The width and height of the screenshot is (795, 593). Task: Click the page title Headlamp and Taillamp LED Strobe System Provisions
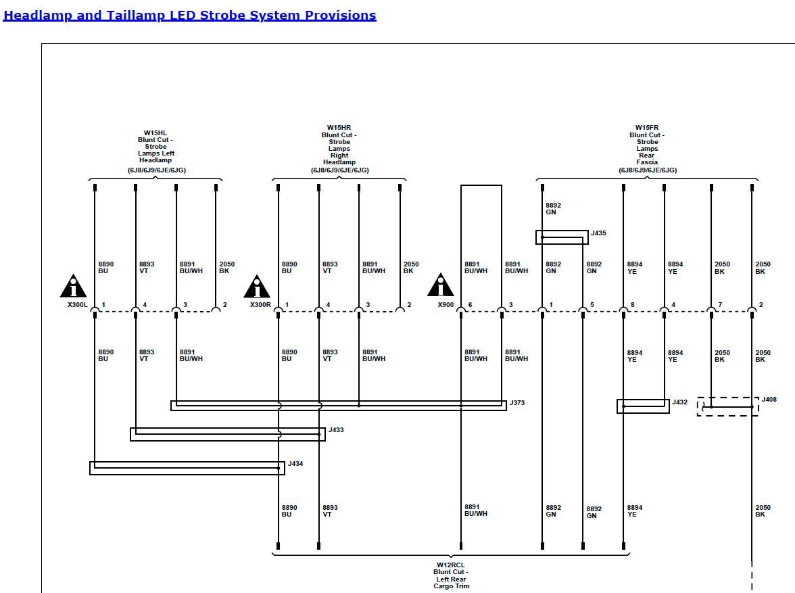click(x=190, y=16)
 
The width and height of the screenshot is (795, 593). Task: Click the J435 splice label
click(x=598, y=233)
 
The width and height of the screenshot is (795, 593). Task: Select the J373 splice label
click(x=517, y=403)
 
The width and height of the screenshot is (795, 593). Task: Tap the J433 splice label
click(x=336, y=430)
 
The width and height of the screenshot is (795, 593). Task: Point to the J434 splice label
click(x=295, y=464)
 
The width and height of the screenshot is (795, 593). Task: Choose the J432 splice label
click(x=679, y=402)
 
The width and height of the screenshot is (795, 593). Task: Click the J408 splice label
click(x=769, y=400)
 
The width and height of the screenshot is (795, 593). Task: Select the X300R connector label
click(x=260, y=305)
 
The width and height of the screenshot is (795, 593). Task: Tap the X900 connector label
click(x=446, y=305)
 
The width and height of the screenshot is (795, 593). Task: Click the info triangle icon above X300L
click(x=73, y=287)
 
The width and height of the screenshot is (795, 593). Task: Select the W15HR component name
click(x=339, y=128)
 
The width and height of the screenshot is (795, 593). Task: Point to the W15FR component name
click(x=647, y=128)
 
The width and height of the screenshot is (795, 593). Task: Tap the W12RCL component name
click(x=451, y=565)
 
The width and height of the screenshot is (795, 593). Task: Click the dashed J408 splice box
click(x=727, y=406)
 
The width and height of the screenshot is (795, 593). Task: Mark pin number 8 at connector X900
click(x=633, y=305)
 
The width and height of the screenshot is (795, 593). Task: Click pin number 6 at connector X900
click(x=471, y=305)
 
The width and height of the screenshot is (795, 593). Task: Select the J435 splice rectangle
click(x=562, y=237)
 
